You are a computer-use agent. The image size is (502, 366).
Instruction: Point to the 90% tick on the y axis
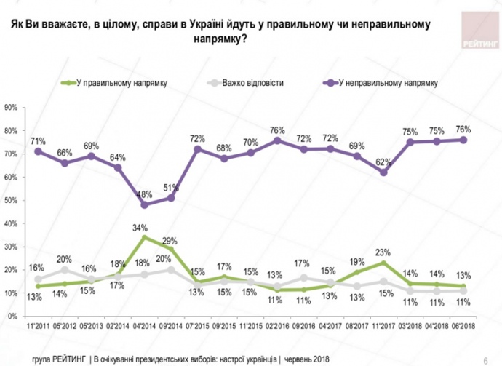tap(12, 107)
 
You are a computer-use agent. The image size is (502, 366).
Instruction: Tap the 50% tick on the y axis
tap(12, 200)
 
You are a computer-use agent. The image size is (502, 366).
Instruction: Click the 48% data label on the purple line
tap(145, 194)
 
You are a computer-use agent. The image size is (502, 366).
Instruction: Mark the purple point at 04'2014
tap(146, 204)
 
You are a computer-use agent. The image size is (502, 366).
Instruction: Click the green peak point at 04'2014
tap(146, 237)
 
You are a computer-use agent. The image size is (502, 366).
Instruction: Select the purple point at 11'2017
tap(383, 172)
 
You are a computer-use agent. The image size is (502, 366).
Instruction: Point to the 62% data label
tap(383, 162)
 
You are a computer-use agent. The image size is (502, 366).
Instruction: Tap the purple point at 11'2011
tap(38, 151)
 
